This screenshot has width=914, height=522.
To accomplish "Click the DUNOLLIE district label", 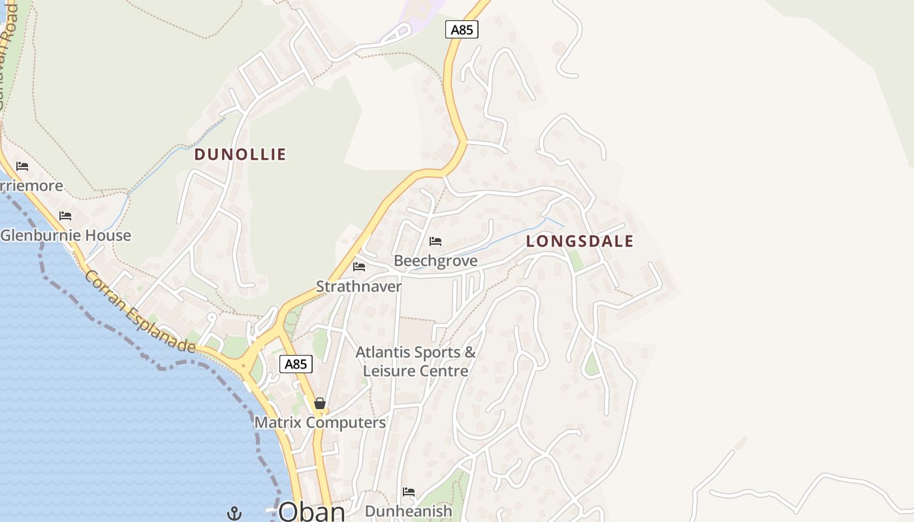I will pos(240,155).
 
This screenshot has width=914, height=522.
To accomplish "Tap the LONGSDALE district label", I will pos(580,241).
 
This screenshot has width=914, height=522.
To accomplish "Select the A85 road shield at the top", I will pos(462,29).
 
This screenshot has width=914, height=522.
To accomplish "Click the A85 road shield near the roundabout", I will pos(296,364).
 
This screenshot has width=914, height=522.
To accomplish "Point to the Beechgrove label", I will pos(435,261).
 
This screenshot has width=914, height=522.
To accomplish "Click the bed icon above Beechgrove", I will pos(435,242).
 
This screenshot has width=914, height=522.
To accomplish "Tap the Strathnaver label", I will pos(359,286).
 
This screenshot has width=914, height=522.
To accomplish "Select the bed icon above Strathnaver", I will pos(359,267).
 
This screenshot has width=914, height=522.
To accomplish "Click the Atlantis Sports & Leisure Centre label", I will pos(416,361).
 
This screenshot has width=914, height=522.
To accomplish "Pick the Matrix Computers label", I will pos(320,423).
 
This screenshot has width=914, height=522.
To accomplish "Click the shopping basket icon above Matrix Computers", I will pos(320,404).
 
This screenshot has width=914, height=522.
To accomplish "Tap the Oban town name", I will pos(312,511).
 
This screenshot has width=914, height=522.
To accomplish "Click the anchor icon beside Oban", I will pos(234,514).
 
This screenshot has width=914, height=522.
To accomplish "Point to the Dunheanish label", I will pos(409,512).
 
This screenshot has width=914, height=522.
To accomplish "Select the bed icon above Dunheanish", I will pos(409,492).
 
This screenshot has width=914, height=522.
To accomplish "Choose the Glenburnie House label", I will pos(66,236).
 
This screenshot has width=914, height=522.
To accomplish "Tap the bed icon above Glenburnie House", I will pos(65,216).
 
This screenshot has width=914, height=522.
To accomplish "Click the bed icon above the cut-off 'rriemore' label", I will pos(22,166).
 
